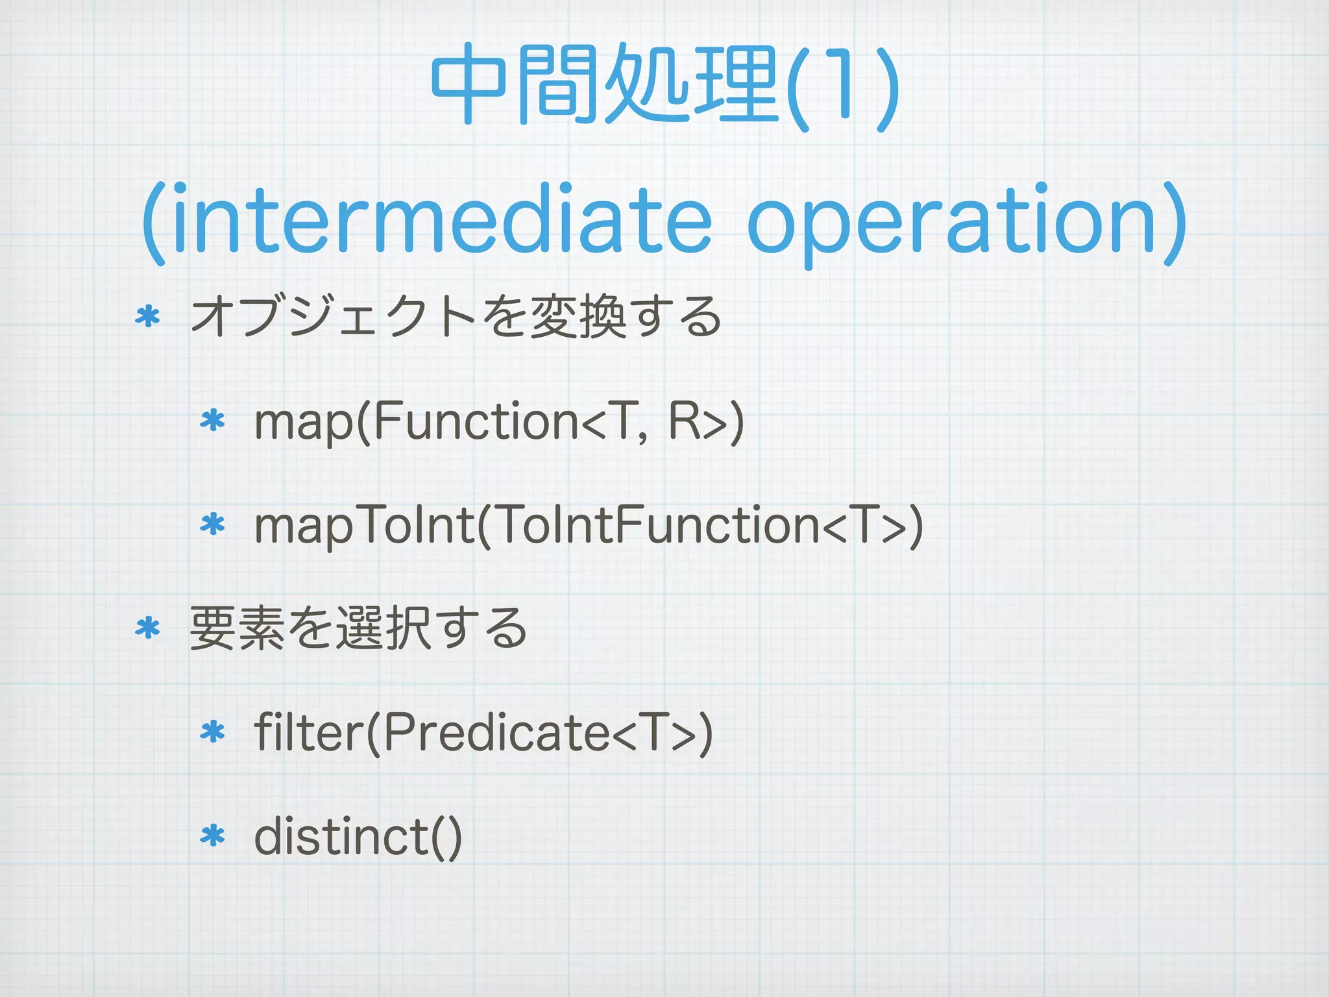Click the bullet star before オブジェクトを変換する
pos(147,317)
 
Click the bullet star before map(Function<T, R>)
pos(212,421)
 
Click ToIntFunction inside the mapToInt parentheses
pos(659,525)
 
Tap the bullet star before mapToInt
pos(212,524)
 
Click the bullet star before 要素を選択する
pos(147,628)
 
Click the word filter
pos(308,733)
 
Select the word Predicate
pos(496,733)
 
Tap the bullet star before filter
pos(212,733)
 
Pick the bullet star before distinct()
pos(212,836)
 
